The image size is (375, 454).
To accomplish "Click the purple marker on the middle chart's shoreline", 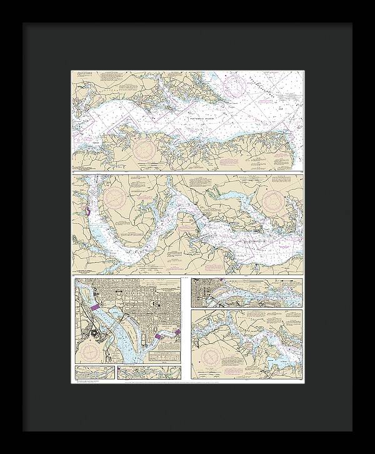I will (x=87, y=212).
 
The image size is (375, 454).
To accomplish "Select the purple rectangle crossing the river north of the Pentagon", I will (x=96, y=308).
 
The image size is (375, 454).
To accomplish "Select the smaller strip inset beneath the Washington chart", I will (x=94, y=373).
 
